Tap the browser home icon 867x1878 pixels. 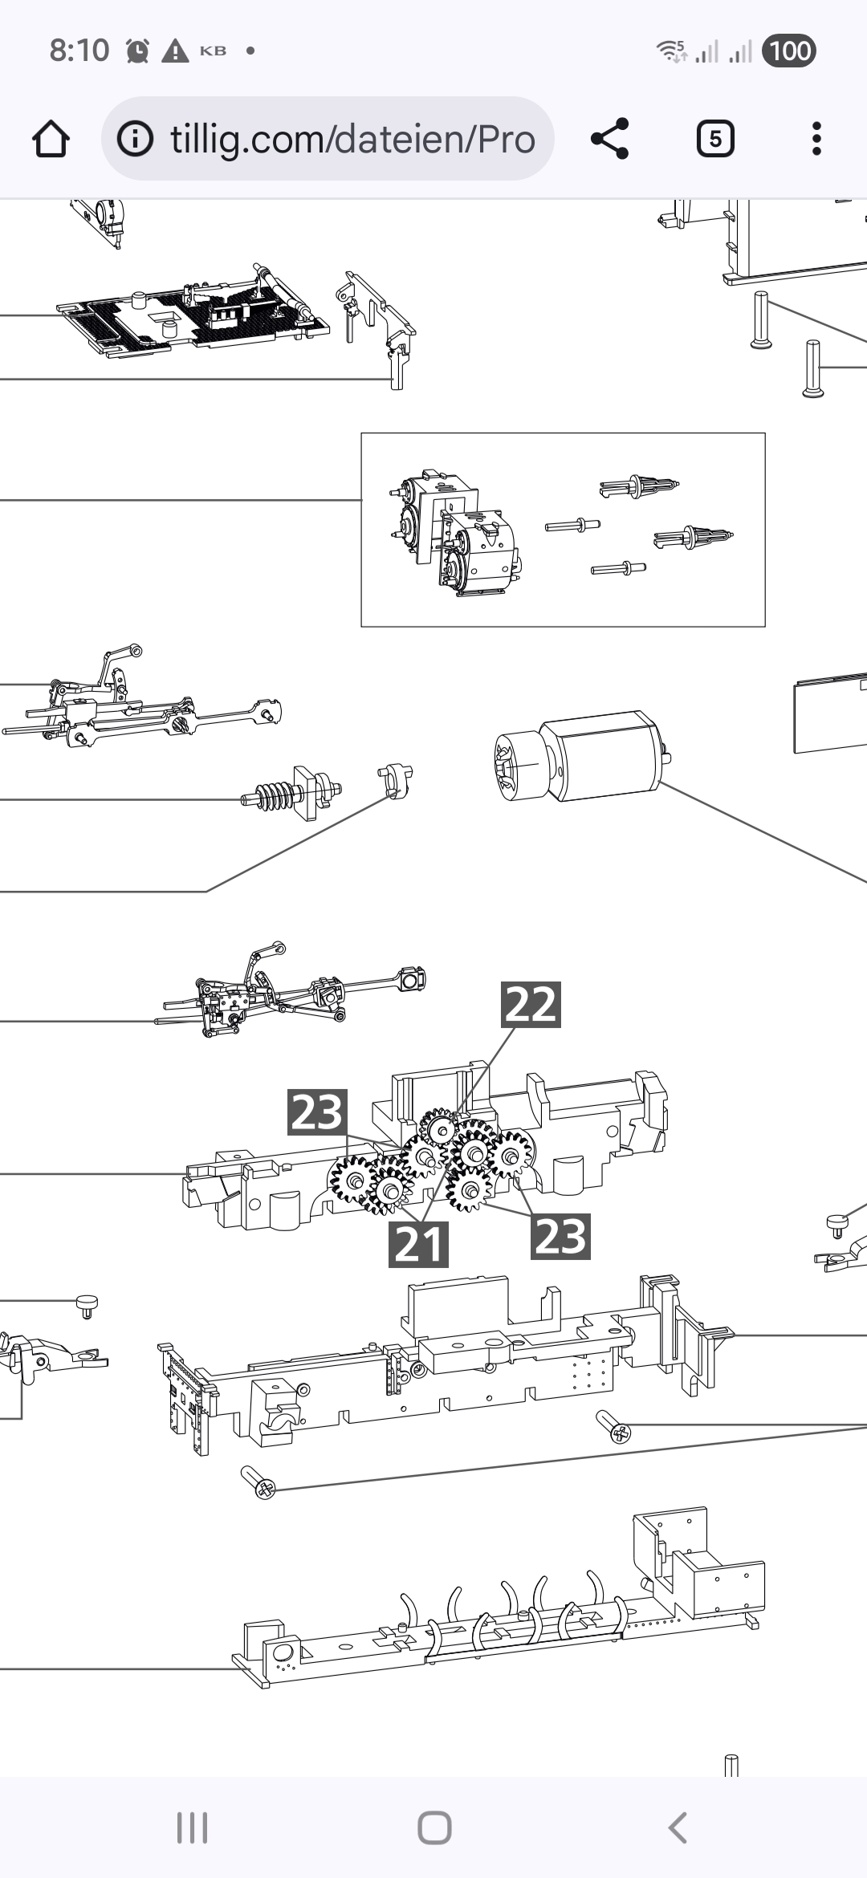[x=51, y=140]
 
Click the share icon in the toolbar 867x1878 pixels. [x=610, y=139]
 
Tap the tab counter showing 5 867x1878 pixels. [x=715, y=140]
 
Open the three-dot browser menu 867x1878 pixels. [x=816, y=139]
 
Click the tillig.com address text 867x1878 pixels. [x=352, y=140]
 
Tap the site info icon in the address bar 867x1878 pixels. [x=136, y=140]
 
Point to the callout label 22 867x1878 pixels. [x=531, y=1004]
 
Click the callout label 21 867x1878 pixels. [x=418, y=1245]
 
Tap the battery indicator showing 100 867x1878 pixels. [x=789, y=51]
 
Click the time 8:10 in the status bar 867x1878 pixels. [x=79, y=51]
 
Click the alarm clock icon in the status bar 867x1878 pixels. [x=138, y=51]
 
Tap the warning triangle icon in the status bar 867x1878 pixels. [x=175, y=51]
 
